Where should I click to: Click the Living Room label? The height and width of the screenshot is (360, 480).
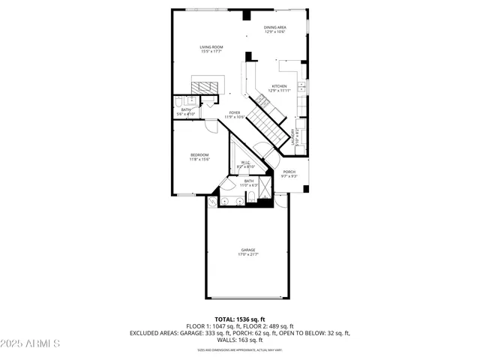210,46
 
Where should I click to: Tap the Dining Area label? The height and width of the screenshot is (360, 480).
274,28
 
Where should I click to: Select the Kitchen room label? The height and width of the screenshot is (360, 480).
279,85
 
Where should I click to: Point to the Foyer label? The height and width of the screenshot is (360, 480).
235,112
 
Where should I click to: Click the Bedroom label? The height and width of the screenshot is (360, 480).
199,154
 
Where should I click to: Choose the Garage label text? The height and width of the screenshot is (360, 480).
247,249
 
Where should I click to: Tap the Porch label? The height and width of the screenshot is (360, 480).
289,172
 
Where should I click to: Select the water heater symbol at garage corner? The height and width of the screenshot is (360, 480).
211,201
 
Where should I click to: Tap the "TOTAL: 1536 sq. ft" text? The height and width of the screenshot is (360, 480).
240,319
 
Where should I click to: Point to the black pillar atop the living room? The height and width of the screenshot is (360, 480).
246,15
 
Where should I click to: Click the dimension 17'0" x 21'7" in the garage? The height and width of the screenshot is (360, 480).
247,254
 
